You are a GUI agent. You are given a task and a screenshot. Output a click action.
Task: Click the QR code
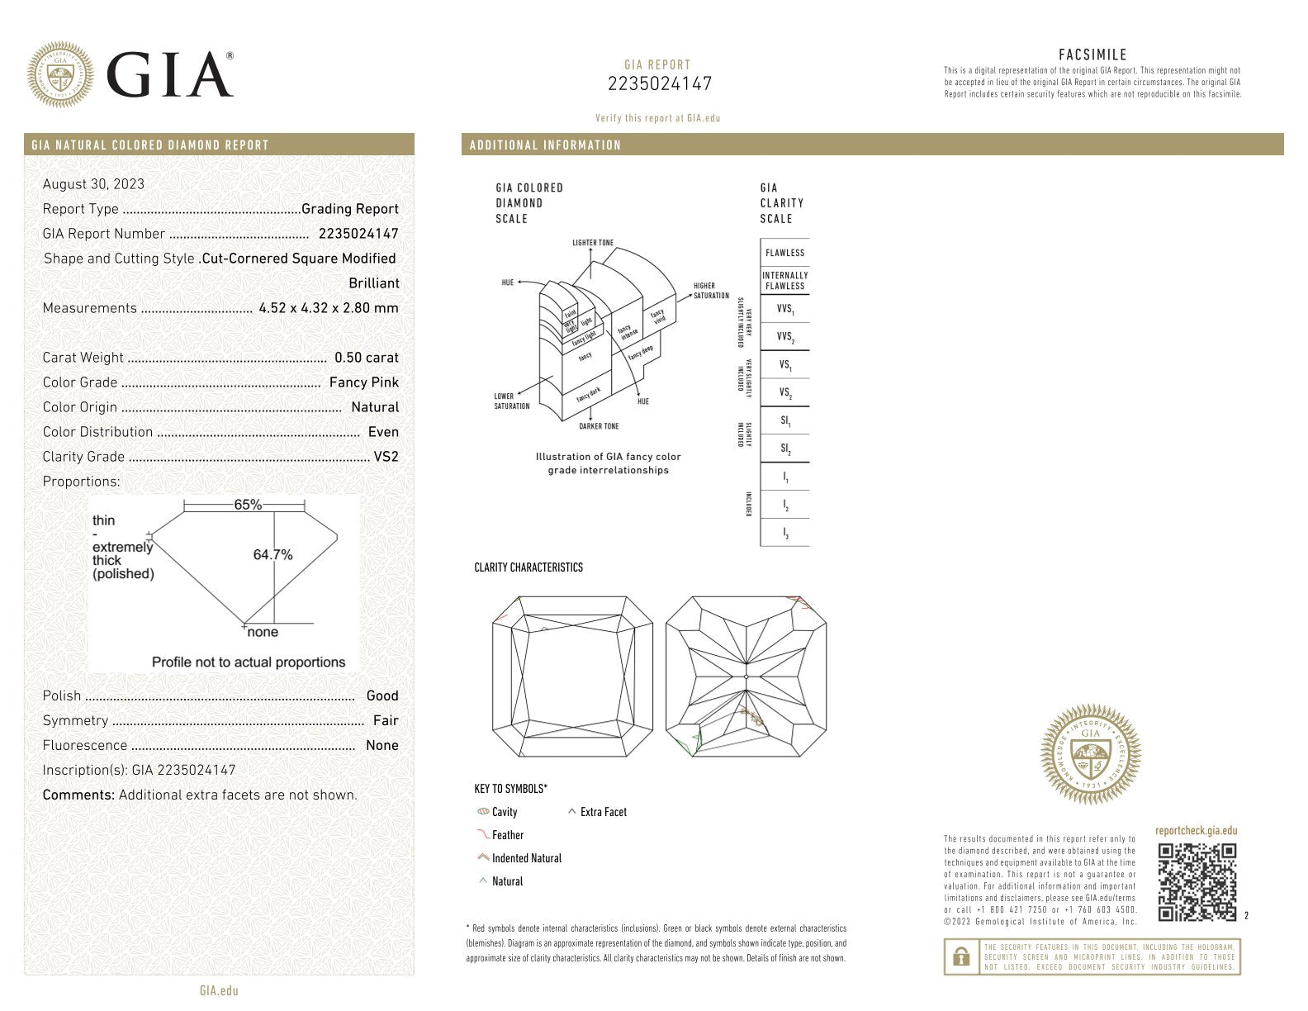coord(1197,881)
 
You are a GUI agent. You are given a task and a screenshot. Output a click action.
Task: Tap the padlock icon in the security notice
coord(960,957)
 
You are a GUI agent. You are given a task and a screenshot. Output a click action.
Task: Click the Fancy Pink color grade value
coord(363,382)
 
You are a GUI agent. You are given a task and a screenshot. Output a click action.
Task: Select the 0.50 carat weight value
coord(366,358)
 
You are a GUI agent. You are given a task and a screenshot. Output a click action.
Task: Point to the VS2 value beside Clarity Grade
coord(386,457)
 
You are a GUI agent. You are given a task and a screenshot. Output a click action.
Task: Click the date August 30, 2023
coord(93,184)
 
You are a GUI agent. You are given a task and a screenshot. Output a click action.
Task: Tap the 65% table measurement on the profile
coord(248,505)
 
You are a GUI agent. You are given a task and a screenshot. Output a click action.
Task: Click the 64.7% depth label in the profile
coord(272,555)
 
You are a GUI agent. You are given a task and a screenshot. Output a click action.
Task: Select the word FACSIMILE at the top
coord(1092,55)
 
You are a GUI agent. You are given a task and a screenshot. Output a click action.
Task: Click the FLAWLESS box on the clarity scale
coord(784,253)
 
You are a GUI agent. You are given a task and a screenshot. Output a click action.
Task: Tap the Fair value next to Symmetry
coord(386,720)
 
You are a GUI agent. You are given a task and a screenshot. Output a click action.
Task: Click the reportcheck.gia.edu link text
coord(1196,831)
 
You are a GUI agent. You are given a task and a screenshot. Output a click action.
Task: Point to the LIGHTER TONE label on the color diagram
coord(593,243)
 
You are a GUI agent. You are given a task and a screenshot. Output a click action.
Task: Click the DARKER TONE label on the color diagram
coord(599,426)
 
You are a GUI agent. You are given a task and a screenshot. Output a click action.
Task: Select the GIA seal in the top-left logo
coord(59,74)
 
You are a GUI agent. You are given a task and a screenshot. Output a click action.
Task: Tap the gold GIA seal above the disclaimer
coord(1090,754)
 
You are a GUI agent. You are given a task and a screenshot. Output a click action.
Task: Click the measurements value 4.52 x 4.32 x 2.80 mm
coord(328,308)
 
